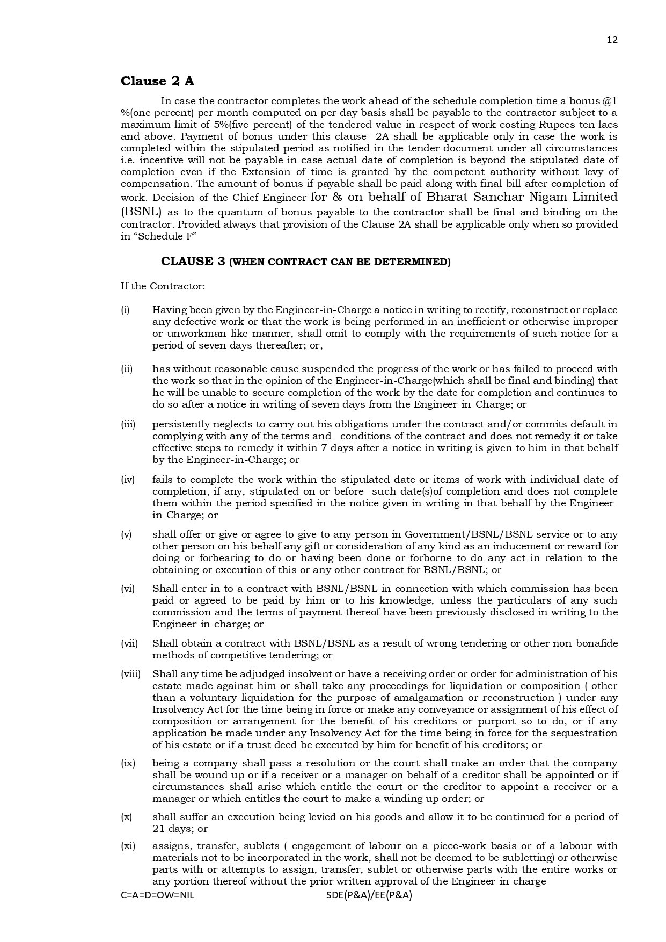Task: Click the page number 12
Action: pyautogui.click(x=612, y=40)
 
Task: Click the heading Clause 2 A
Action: pyautogui.click(x=157, y=81)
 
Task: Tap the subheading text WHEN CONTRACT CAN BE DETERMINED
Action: pyautogui.click(x=340, y=263)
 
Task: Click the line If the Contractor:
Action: pyautogui.click(x=163, y=286)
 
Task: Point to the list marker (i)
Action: pyautogui.click(x=125, y=310)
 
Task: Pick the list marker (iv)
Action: pyautogui.click(x=127, y=480)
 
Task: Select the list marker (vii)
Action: pyautogui.click(x=129, y=643)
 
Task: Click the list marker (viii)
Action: pyautogui.click(x=130, y=674)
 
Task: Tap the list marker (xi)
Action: pyautogui.click(x=128, y=846)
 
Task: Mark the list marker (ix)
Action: pyautogui.click(x=128, y=763)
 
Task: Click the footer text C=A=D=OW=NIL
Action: pyautogui.click(x=157, y=895)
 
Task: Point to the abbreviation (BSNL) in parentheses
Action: pyautogui.click(x=141, y=212)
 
